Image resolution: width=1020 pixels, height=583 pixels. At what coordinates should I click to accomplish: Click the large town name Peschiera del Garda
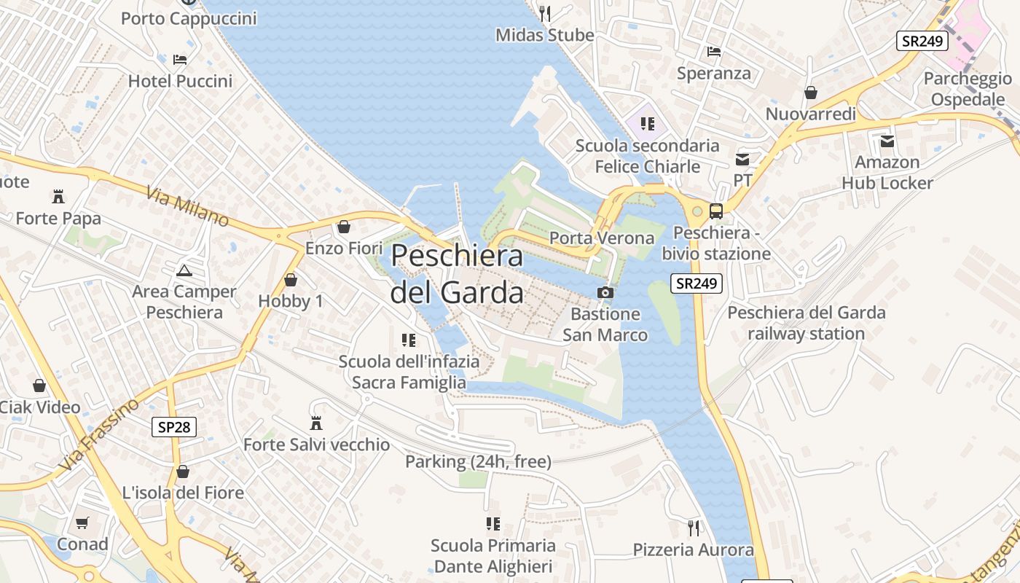point(457,274)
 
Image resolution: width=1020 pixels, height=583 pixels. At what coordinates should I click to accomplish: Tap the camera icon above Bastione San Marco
point(605,293)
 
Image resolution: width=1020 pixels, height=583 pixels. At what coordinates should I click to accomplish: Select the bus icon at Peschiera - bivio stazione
point(716,211)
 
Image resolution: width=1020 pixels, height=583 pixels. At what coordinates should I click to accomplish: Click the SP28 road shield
point(174,426)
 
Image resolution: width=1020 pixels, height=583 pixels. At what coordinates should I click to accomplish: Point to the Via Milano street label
point(187,207)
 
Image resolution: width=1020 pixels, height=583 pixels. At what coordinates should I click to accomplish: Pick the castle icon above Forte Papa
point(58,196)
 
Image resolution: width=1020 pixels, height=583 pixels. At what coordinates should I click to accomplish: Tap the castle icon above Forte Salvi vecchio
point(316,423)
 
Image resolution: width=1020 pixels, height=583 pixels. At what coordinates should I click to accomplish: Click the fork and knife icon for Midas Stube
point(544,12)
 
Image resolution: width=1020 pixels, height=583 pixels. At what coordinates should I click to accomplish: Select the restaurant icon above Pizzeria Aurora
point(693,528)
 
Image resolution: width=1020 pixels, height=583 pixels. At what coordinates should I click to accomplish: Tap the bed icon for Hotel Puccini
point(180,59)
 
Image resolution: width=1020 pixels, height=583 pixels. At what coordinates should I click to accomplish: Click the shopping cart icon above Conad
point(82,523)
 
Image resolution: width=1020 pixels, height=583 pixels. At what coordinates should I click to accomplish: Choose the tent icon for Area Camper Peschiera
point(184,270)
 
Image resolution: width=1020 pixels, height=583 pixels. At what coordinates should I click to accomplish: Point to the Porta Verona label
point(602,238)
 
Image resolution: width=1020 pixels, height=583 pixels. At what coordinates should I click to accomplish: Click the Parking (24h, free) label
point(478,461)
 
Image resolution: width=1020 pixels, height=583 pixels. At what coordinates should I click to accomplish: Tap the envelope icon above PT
point(742,159)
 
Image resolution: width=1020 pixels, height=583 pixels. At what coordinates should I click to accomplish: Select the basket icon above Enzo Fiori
point(343,227)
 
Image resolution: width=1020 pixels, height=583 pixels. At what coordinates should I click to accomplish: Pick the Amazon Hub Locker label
point(887,173)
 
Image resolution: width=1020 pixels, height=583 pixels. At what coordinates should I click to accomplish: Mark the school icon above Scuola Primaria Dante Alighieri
point(493,523)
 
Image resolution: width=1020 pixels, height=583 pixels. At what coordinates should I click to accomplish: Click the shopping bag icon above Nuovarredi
point(810,93)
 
